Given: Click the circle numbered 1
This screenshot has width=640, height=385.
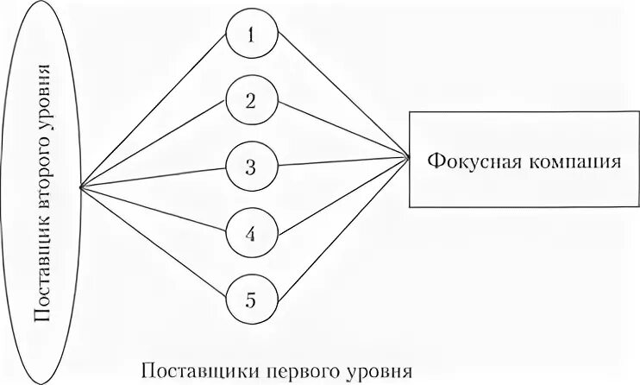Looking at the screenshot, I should pyautogui.click(x=250, y=35).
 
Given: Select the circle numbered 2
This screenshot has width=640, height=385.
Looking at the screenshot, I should pyautogui.click(x=250, y=101).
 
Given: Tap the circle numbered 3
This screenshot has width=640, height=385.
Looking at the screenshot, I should pyautogui.click(x=250, y=167).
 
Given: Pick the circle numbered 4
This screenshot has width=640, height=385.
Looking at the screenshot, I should pyautogui.click(x=250, y=232).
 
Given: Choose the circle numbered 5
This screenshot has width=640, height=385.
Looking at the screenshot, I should pyautogui.click(x=250, y=300).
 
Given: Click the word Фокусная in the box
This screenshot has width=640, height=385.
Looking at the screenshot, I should pyautogui.click(x=470, y=161).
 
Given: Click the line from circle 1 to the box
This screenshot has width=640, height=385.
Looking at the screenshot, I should pyautogui.click(x=342, y=98).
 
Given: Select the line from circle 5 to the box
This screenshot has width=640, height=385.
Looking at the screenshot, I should pyautogui.click(x=342, y=227).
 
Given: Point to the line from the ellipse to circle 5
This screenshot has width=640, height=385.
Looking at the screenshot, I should pyautogui.click(x=155, y=243).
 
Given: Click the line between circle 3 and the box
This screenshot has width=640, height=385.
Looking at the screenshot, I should pyautogui.click(x=342, y=161).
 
